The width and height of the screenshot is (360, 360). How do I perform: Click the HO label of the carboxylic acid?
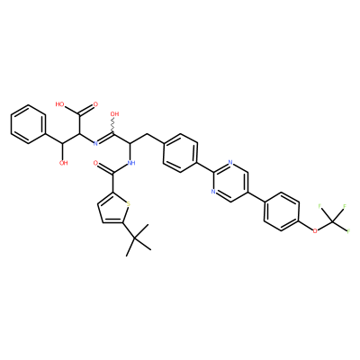pyautogui.click(x=59, y=104)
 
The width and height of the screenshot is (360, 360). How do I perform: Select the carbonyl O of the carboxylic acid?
pyautogui.click(x=95, y=104)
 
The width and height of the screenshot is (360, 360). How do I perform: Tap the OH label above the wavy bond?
pyautogui.click(x=114, y=114)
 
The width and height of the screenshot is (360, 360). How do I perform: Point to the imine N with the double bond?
pyautogui.click(x=95, y=143)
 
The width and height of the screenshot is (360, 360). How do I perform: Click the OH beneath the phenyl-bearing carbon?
pyautogui.click(x=63, y=163)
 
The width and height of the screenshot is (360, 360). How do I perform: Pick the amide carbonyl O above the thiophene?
pyautogui.click(x=95, y=163)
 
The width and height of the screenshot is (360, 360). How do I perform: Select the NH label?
pyautogui.click(x=131, y=163)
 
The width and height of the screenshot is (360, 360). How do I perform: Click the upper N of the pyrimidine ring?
pyautogui.click(x=230, y=163)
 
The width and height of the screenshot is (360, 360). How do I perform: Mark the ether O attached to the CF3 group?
pyautogui.click(x=315, y=231)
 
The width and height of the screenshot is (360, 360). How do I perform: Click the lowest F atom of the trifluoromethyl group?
pyautogui.click(x=348, y=231)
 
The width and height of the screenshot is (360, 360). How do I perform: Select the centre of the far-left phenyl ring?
pyautogui.click(x=29, y=124)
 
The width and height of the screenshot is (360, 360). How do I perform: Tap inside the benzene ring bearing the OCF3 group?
pyautogui.click(x=281, y=211)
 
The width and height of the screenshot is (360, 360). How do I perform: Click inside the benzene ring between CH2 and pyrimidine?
pyautogui.click(x=180, y=153)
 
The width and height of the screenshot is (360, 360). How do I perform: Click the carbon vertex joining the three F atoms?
pyautogui.click(x=332, y=221)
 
